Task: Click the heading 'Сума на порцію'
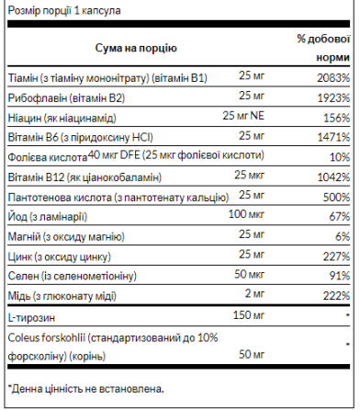point(135,47)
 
